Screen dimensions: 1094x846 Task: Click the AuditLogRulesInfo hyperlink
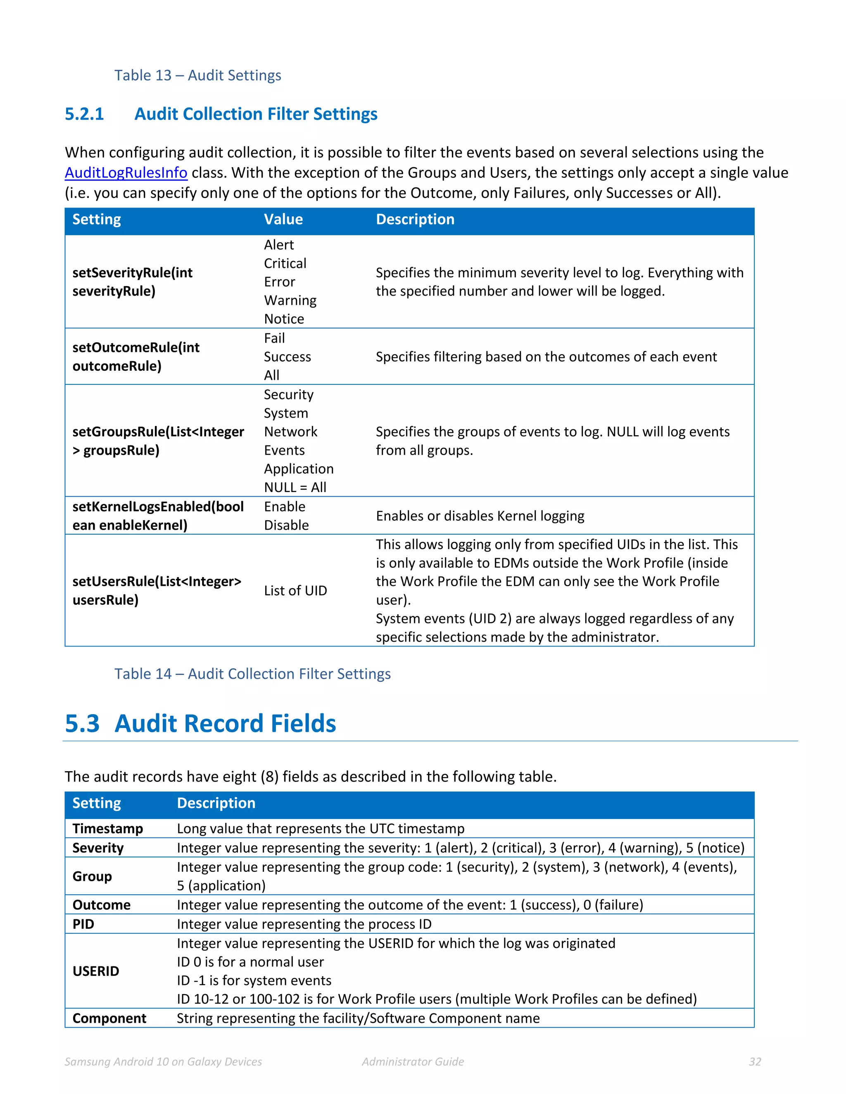tap(126, 173)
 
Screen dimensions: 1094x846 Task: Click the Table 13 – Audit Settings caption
tap(197, 75)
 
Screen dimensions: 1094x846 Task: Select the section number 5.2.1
tap(84, 114)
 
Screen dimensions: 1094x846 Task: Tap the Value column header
tap(283, 219)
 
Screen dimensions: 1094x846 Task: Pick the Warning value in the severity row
tap(290, 301)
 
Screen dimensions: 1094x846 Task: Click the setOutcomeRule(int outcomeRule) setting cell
tap(136, 357)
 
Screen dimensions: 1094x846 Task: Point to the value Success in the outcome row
tap(287, 357)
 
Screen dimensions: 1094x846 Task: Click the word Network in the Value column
tap(291, 432)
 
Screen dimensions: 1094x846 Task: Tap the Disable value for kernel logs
tap(286, 526)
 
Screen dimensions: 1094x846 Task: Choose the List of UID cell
tap(295, 591)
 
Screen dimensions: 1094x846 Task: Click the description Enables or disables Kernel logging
tap(480, 516)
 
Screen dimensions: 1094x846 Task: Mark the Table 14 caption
tap(252, 674)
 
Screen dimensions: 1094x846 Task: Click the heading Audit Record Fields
tap(225, 724)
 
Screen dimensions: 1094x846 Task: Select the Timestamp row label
tap(108, 829)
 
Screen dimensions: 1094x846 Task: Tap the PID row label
tap(83, 924)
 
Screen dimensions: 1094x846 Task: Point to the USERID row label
tap(96, 971)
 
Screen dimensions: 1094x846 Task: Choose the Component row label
tap(109, 1018)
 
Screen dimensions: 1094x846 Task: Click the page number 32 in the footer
tap(755, 1062)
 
